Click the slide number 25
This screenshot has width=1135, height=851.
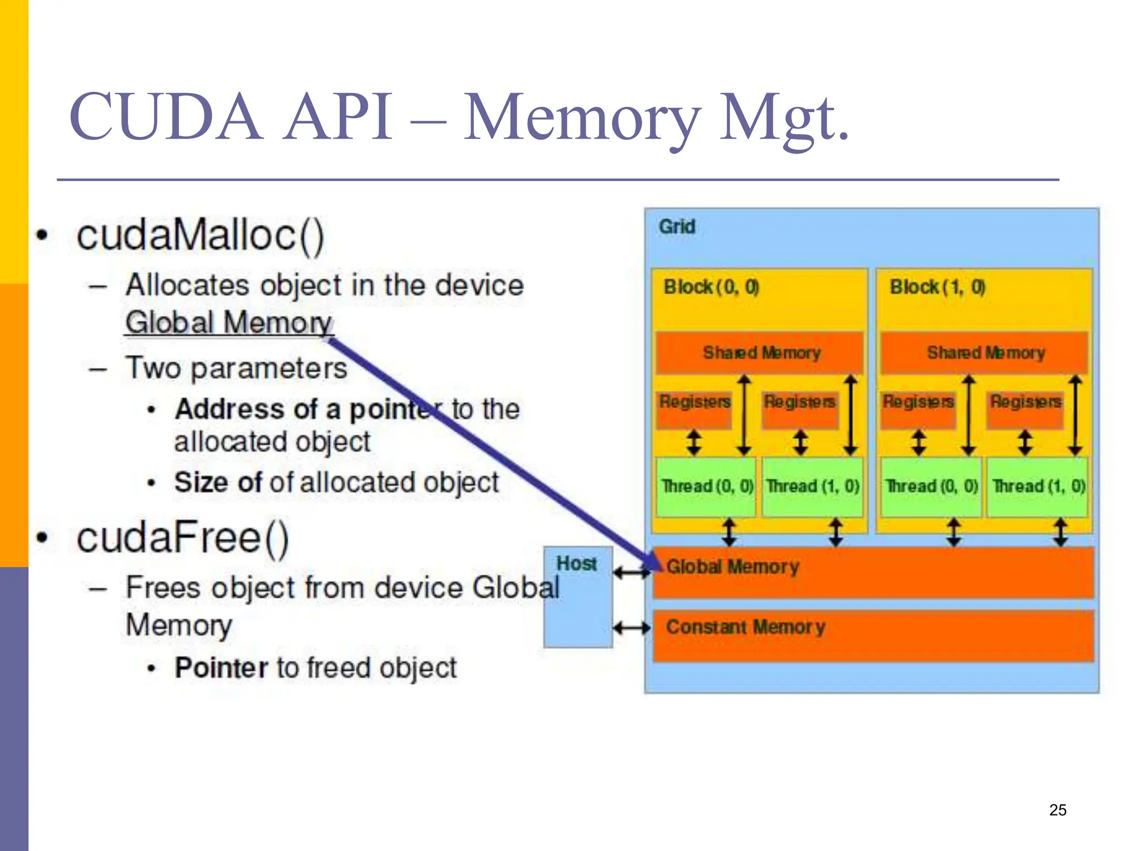click(1057, 810)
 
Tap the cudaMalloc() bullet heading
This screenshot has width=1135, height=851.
click(200, 235)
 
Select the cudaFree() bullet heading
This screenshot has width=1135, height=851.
click(183, 538)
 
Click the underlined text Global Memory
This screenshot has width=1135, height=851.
click(228, 322)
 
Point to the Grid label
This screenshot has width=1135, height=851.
click(677, 227)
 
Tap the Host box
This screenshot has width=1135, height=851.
click(577, 597)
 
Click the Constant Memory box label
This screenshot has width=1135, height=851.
click(745, 627)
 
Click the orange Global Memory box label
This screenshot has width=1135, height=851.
click(733, 567)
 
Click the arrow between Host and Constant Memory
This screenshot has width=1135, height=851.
click(632, 628)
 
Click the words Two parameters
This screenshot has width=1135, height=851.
click(236, 368)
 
